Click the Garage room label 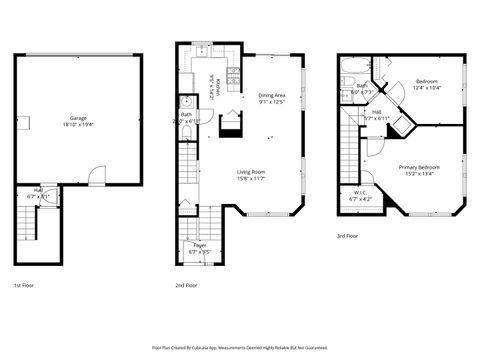(x=77, y=118)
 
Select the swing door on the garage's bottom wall (x=93, y=176)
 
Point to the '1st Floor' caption (x=26, y=285)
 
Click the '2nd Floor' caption (x=187, y=285)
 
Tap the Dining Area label (x=272, y=95)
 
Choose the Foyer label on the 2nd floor (x=199, y=245)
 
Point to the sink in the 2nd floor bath (x=185, y=102)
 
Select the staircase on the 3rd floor (x=349, y=130)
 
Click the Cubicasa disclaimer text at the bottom (x=240, y=348)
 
